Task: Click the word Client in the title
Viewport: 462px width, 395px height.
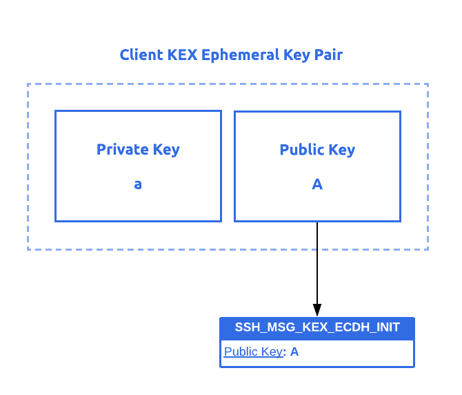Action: coord(142,55)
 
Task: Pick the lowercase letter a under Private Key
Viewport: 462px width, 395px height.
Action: coord(138,184)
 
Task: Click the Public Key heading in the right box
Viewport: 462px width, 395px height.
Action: coord(317,150)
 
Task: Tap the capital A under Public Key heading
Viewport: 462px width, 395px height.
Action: coord(317,184)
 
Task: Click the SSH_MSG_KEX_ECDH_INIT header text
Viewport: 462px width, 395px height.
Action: coord(317,327)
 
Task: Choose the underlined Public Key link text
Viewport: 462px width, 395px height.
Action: coord(253,351)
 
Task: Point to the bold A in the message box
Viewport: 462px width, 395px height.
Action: coord(294,351)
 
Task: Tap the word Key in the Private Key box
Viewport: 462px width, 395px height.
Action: coord(168,150)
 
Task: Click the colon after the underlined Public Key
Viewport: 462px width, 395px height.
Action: coord(285,352)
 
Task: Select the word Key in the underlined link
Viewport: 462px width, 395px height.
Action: coord(272,351)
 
